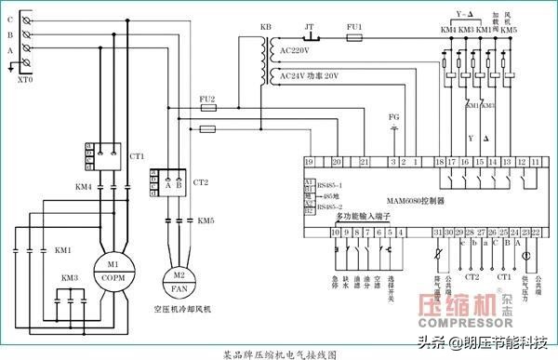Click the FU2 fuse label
[208, 98]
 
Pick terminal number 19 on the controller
[309, 163]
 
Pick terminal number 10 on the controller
[335, 231]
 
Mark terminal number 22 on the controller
[537, 231]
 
